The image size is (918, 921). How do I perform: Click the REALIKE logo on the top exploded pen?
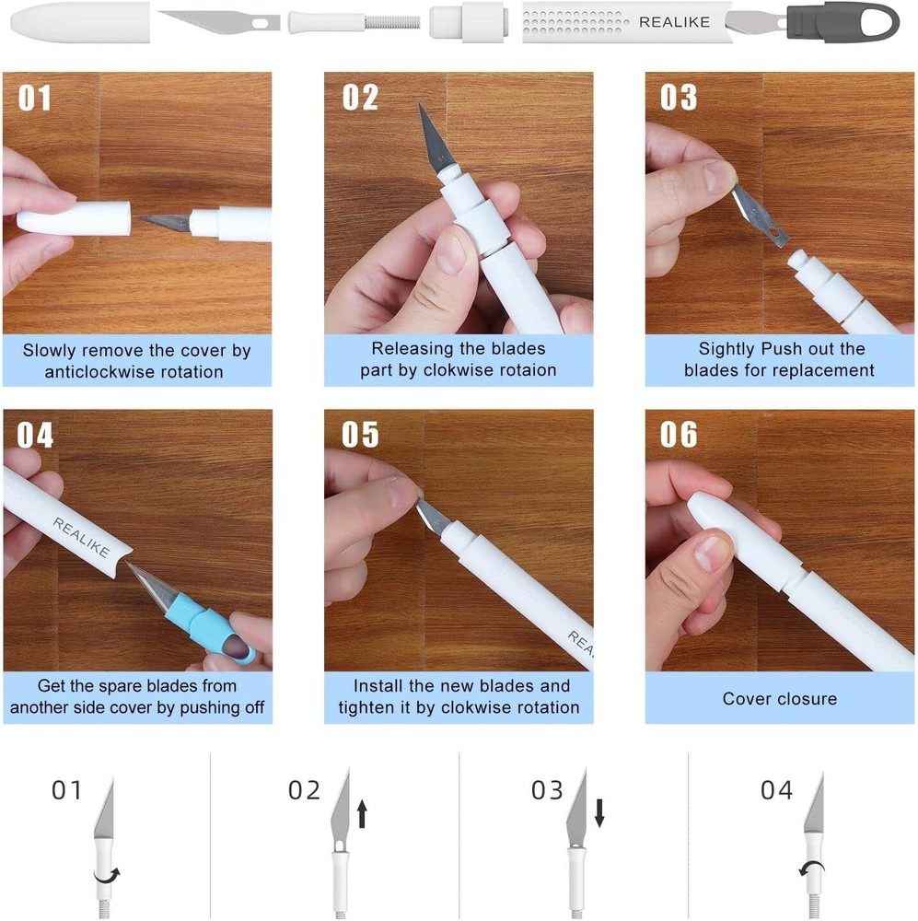coord(674,21)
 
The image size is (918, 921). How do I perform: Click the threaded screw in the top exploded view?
coord(394,21)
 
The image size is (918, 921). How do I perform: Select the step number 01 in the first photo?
coord(35,98)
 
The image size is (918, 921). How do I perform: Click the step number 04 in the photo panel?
coord(35,435)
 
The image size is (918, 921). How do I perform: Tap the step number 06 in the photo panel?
coord(679,435)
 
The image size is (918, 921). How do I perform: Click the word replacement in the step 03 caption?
coord(825,370)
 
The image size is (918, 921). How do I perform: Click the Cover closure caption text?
coord(779,698)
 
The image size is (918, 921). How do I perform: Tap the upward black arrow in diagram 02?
coord(362,812)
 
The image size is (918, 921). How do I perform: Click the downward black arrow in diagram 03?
coord(599,812)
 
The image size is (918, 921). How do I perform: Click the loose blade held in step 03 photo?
coord(760,216)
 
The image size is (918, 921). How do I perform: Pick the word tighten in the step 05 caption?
coord(365,707)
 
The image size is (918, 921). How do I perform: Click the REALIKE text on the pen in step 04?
coord(81,537)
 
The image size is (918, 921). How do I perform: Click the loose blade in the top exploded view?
coord(219,20)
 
